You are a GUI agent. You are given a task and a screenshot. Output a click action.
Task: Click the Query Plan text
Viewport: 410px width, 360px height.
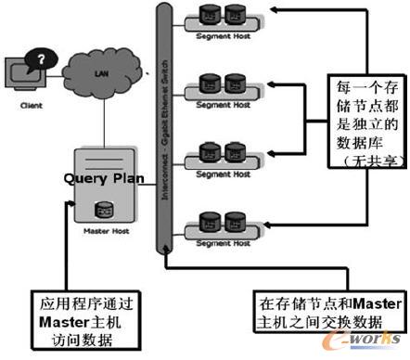coord(101,177)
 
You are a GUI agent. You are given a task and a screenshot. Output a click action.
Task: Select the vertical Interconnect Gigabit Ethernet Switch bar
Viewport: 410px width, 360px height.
coord(161,130)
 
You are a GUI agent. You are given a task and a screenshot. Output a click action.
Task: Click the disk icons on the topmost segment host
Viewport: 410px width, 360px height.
coord(219,18)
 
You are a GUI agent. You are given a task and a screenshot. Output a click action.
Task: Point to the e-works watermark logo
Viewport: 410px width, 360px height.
coord(371,343)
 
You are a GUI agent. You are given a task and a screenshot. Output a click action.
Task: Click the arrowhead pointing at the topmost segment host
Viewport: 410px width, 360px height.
coord(275,12)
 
